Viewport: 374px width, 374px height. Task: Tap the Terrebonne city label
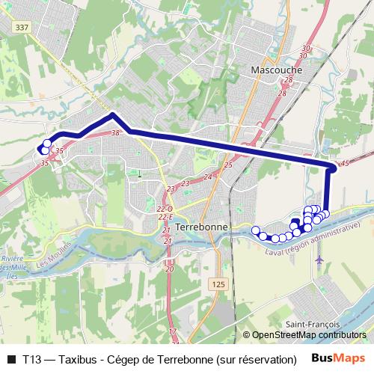point(205,226)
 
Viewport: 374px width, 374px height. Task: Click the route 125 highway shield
point(218,285)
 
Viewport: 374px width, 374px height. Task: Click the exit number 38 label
point(115,132)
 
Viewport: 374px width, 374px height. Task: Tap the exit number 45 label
point(344,163)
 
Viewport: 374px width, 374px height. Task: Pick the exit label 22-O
point(165,209)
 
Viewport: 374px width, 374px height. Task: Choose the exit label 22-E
point(165,217)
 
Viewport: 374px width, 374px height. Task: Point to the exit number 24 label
point(208,177)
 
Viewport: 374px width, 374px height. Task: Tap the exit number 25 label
point(228,165)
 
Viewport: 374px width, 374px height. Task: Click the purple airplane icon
point(321,260)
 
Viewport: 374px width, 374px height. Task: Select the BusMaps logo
point(340,359)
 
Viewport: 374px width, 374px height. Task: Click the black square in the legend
point(11,359)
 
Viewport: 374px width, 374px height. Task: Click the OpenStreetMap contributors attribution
point(307,336)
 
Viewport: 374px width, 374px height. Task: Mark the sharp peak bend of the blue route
point(112,114)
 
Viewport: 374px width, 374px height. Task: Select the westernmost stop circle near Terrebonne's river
point(255,230)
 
